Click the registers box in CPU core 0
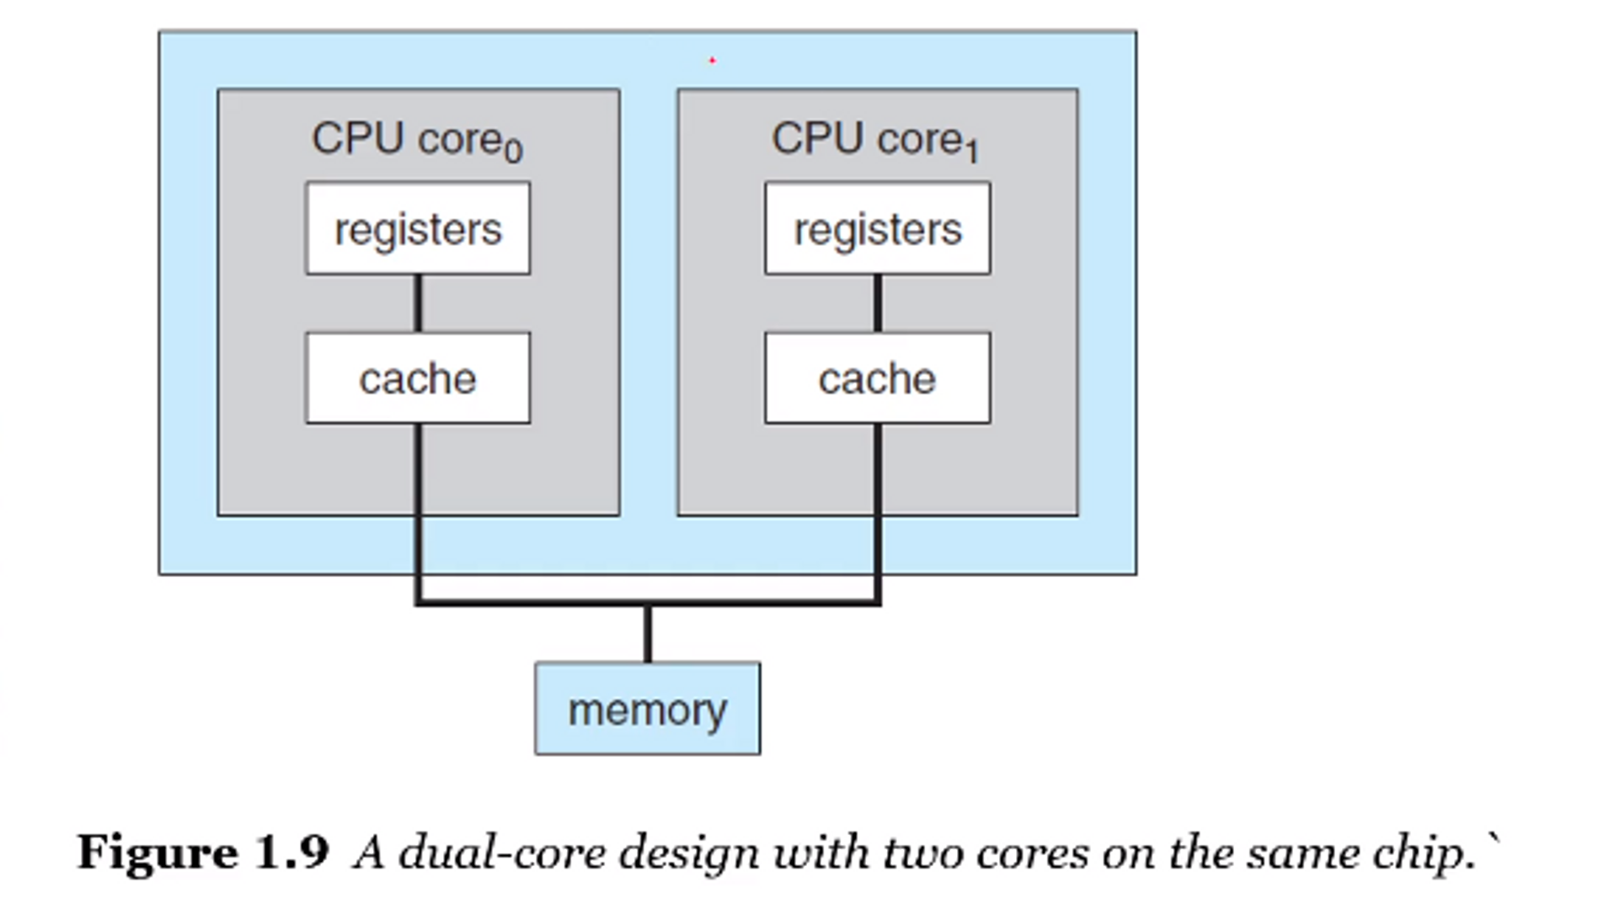click(418, 228)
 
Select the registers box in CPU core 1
click(877, 228)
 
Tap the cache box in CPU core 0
click(418, 378)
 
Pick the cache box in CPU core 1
click(877, 378)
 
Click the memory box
click(647, 709)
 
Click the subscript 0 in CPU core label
click(514, 152)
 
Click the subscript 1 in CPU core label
click(972, 152)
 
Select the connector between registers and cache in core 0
click(418, 303)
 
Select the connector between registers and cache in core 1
click(878, 303)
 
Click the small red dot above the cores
click(713, 60)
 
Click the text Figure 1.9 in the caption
click(203, 853)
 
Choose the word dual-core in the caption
click(502, 853)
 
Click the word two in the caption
click(924, 853)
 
